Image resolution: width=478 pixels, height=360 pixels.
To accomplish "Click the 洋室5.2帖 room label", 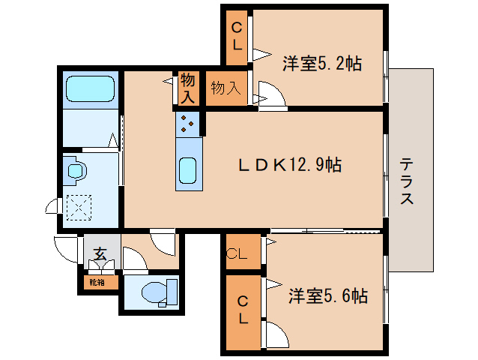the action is pyautogui.click(x=322, y=64).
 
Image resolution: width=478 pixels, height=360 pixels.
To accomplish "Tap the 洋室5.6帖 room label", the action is pyautogui.click(x=328, y=295).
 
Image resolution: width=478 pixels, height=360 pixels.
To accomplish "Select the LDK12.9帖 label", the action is pyautogui.click(x=290, y=165).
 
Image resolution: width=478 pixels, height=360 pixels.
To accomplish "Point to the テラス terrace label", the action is pyautogui.click(x=407, y=181).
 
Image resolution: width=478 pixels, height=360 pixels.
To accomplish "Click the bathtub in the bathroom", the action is pyautogui.click(x=90, y=88).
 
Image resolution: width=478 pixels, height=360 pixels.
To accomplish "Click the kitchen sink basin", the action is pyautogui.click(x=187, y=170).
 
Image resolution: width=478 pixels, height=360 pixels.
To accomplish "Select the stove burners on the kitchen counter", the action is pyautogui.click(x=187, y=124).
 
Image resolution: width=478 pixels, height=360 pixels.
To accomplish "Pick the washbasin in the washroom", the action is pyautogui.click(x=76, y=170).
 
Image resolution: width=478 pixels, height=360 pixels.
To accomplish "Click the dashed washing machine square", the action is pyautogui.click(x=79, y=208).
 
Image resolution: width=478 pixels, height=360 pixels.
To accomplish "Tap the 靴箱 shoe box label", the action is pyautogui.click(x=97, y=283).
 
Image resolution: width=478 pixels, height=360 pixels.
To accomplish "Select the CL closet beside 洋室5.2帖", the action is pyautogui.click(x=237, y=37).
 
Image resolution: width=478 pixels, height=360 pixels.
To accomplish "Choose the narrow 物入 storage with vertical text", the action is pyautogui.click(x=188, y=88).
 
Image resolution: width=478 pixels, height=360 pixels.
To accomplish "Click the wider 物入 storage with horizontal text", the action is pyautogui.click(x=226, y=88).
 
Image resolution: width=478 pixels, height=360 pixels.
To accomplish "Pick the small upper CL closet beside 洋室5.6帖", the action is pyautogui.click(x=243, y=252).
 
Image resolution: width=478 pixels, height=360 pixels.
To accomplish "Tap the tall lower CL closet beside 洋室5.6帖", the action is pyautogui.click(x=243, y=313).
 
